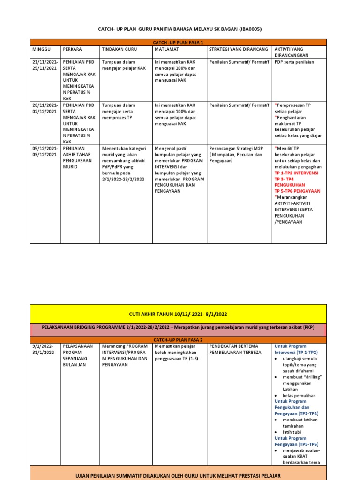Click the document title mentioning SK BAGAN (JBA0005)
180,29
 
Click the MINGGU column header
41,49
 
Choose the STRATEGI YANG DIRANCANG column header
238,49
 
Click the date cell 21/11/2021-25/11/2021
45,65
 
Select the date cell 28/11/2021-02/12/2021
45,108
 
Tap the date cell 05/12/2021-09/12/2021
45,151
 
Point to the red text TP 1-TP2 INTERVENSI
296,172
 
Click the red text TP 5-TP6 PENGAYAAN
297,191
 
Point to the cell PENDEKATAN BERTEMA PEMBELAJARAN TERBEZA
235,349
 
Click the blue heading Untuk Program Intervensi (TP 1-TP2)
296,349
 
